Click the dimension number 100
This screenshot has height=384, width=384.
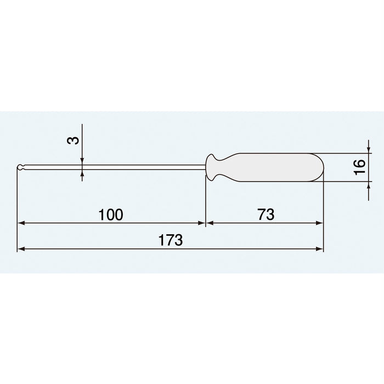111,214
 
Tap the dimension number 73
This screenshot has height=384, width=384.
265,214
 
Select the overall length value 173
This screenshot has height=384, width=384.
171,240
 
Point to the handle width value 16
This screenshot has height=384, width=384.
360,166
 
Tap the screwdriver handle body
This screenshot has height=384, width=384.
274,167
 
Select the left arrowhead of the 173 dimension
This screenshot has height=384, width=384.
21,249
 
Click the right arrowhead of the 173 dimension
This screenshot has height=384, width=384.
320,249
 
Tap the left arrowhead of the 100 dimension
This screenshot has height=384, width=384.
21,223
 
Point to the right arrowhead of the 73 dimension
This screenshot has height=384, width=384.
320,223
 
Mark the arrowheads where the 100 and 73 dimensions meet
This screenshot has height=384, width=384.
206,223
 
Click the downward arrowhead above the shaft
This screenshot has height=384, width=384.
82,161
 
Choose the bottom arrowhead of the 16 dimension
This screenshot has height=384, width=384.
367,184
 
